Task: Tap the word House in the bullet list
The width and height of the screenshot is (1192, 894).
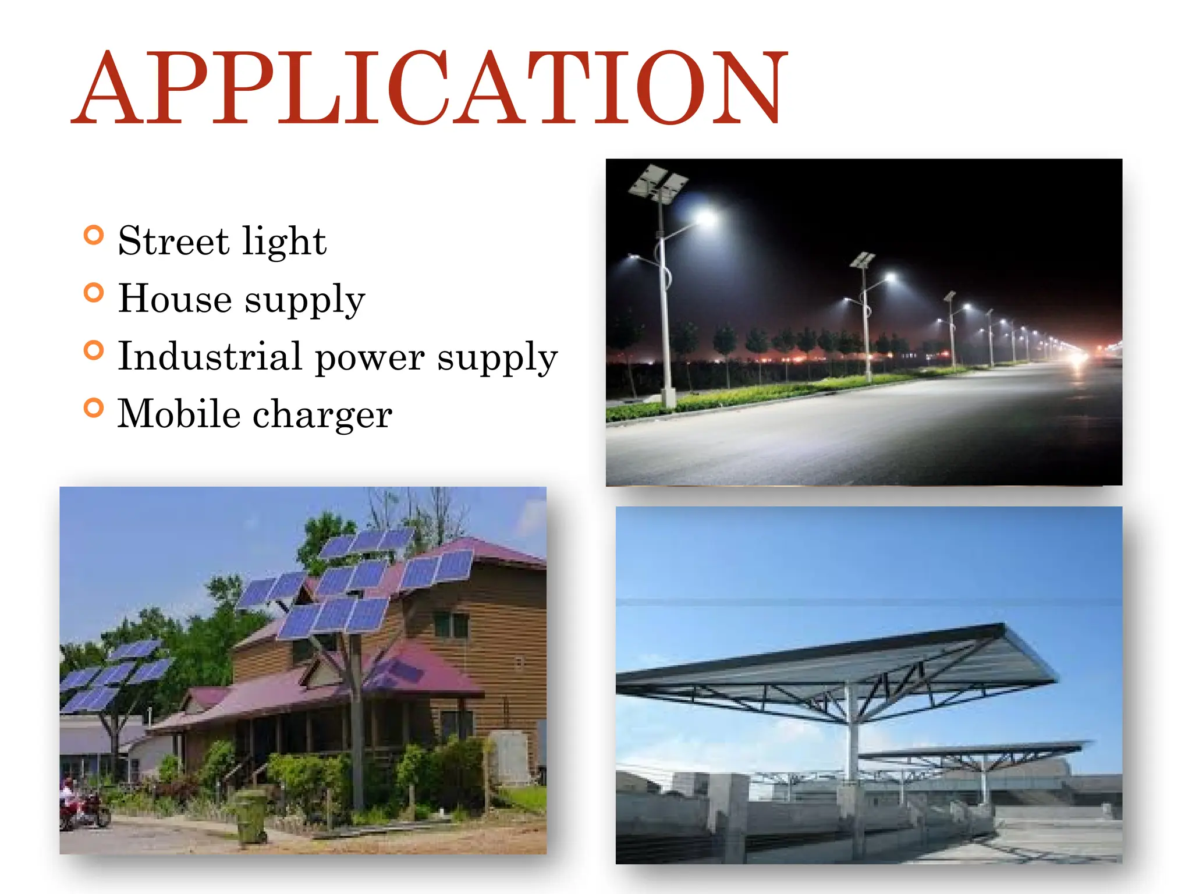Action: click(x=175, y=299)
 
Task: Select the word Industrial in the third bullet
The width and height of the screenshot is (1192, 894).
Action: click(x=210, y=356)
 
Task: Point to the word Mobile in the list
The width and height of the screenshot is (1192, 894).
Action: click(x=179, y=414)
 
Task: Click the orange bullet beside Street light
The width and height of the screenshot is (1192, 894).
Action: click(x=94, y=236)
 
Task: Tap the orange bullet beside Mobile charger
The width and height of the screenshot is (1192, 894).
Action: click(x=94, y=408)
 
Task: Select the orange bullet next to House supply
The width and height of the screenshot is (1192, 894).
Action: click(x=94, y=293)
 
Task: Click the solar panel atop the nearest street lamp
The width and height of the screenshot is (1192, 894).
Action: click(x=658, y=183)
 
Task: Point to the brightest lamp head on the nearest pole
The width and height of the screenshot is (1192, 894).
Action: click(x=706, y=218)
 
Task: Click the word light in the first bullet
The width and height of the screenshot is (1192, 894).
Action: click(x=284, y=242)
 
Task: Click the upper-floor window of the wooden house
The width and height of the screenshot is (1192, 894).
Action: click(x=451, y=625)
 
